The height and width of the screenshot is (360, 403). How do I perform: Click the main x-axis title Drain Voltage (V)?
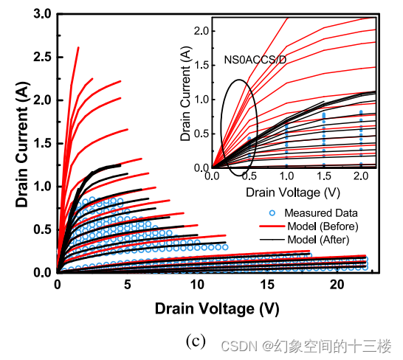pyautogui.click(x=217, y=308)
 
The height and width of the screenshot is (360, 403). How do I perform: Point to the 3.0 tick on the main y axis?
pyautogui.click(x=41, y=13)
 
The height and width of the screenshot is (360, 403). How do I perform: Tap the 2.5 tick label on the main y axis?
pyautogui.click(x=41, y=56)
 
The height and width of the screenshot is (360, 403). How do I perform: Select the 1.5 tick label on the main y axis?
pyautogui.click(x=41, y=142)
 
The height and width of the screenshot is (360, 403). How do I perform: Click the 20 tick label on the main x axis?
pyautogui.click(x=337, y=285)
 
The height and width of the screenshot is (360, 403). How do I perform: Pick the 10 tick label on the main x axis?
pyautogui.click(x=197, y=285)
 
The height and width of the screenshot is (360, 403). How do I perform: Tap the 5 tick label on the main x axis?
pyautogui.click(x=127, y=285)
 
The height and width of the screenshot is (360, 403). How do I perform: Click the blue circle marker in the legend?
pyautogui.click(x=272, y=212)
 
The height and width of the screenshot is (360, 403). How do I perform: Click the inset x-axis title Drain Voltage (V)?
pyautogui.click(x=294, y=194)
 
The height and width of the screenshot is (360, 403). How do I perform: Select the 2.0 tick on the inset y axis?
pyautogui.click(x=201, y=30)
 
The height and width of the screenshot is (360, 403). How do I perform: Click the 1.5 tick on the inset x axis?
pyautogui.click(x=323, y=178)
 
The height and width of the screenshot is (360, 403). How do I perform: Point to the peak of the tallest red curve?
pyautogui.click(x=78, y=47)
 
